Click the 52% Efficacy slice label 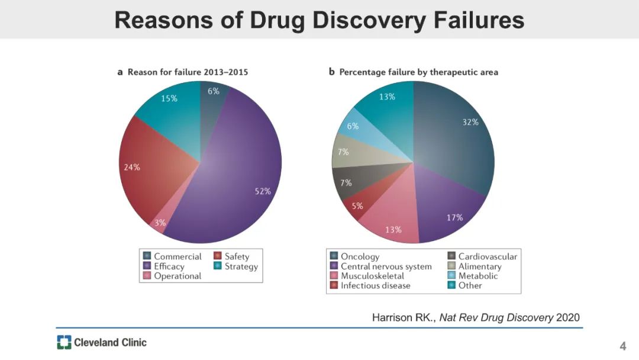pyautogui.click(x=263, y=191)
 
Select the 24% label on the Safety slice pyautogui.click(x=132, y=168)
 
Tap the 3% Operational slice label pyautogui.click(x=160, y=223)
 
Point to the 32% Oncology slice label pyautogui.click(x=470, y=123)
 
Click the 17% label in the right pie pyautogui.click(x=454, y=218)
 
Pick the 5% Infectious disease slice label pyautogui.click(x=357, y=207)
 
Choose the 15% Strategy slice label pyautogui.click(x=169, y=99)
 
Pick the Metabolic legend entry pyautogui.click(x=477, y=276)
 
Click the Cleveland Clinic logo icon pyautogui.click(x=64, y=342)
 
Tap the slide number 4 pyautogui.click(x=622, y=346)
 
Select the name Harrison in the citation pyautogui.click(x=392, y=318)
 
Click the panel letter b pyautogui.click(x=332, y=72)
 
